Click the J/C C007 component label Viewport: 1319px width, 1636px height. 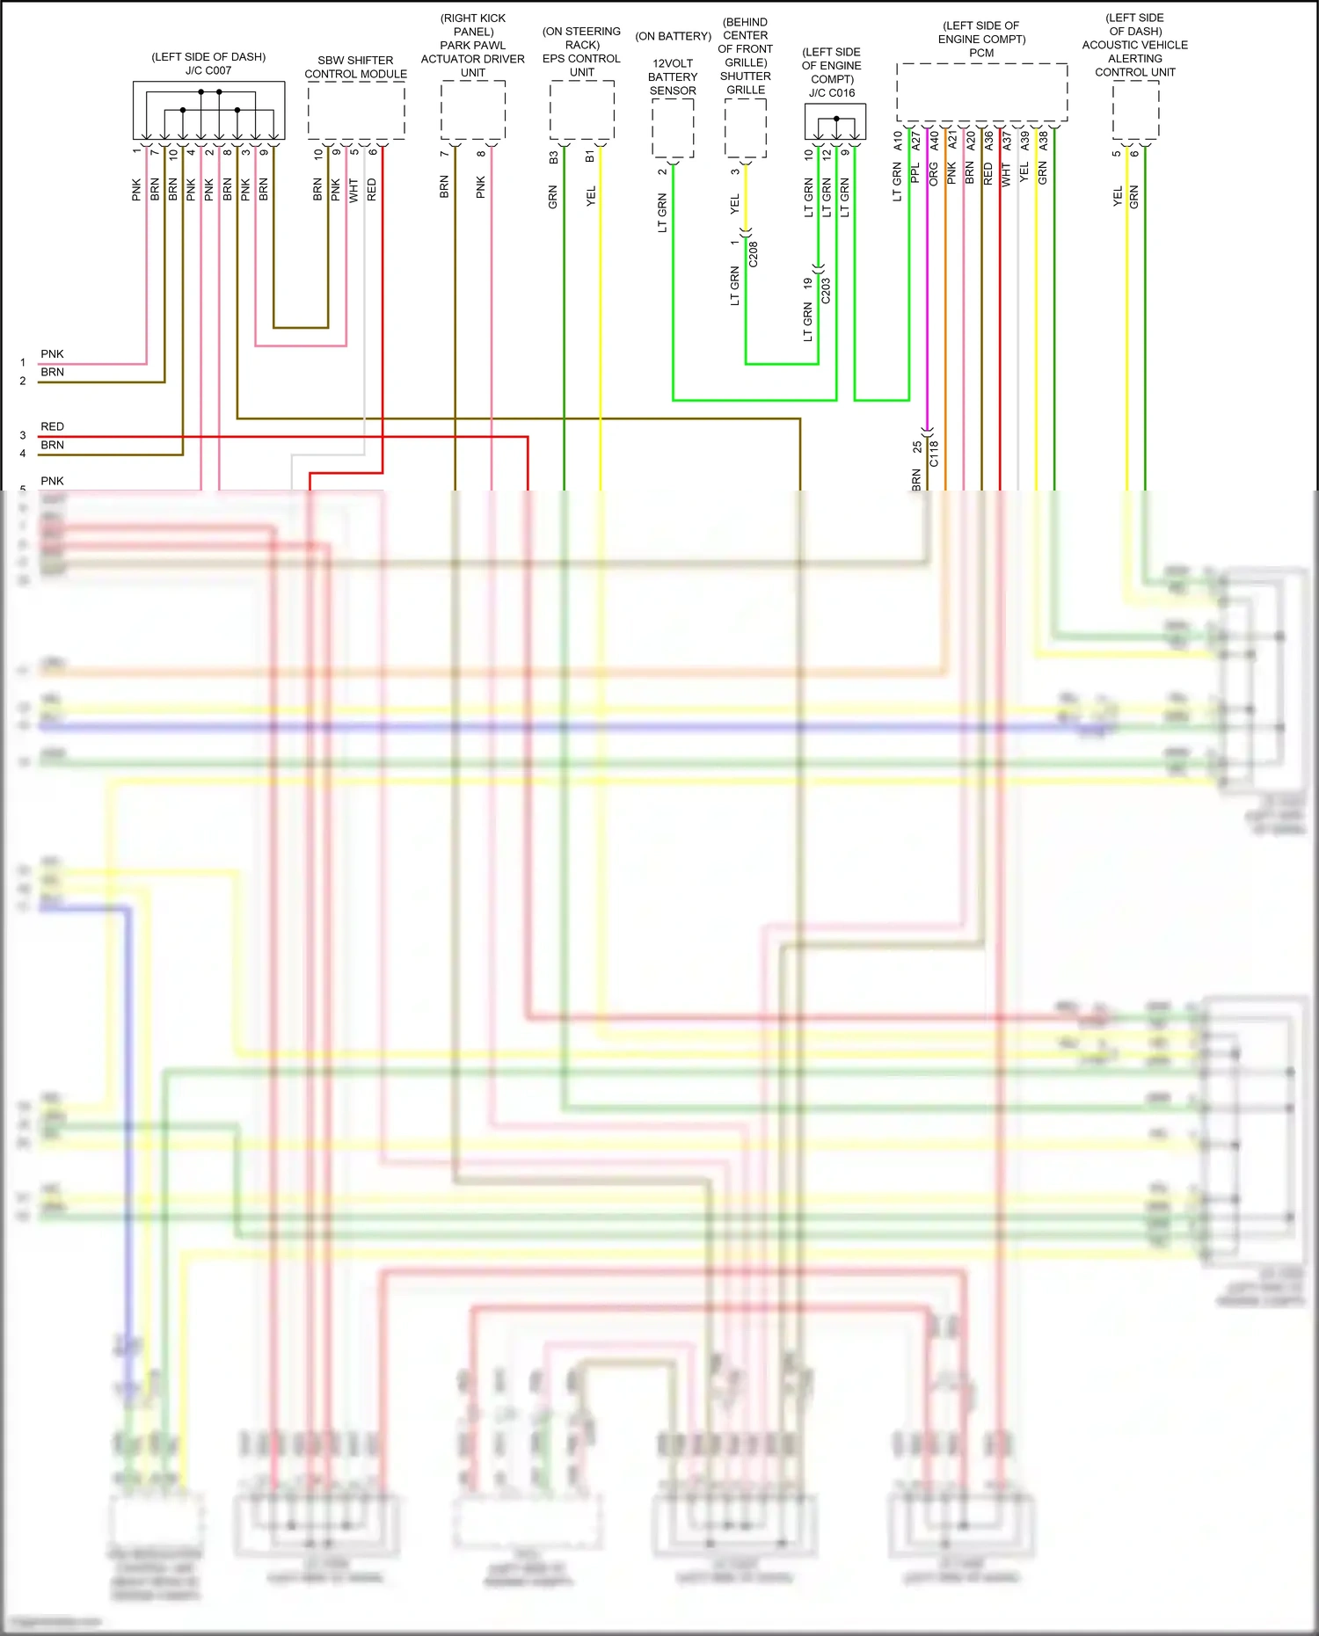[208, 70]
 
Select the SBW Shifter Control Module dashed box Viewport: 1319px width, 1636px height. [356, 110]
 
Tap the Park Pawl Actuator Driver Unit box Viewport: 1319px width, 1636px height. [473, 110]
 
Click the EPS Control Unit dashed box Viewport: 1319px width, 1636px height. [581, 110]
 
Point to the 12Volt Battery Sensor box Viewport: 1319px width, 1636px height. [673, 128]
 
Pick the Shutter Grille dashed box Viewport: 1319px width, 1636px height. [746, 128]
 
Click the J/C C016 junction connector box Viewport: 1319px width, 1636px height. [834, 121]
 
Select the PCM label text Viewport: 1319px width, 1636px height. [981, 53]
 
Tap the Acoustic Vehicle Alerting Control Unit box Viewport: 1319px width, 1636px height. [1135, 110]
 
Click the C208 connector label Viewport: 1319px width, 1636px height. [753, 254]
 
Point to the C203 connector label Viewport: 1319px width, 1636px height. [825, 291]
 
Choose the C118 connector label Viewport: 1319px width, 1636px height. [934, 454]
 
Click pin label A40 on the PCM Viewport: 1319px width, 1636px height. [934, 140]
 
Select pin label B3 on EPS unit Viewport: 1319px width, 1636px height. [553, 157]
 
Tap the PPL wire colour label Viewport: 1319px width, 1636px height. [915, 173]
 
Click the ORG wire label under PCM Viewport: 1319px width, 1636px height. [933, 173]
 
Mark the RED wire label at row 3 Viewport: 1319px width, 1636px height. [53, 426]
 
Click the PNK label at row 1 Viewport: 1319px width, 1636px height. [53, 354]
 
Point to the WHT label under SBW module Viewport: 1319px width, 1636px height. [353, 190]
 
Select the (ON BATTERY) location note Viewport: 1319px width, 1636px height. [673, 36]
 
